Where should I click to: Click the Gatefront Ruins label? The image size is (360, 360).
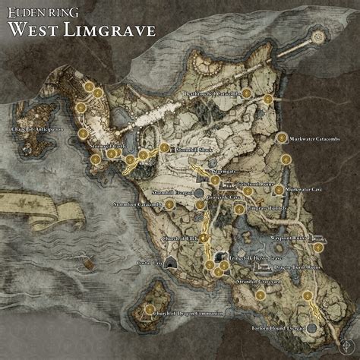click(x=239, y=183)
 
